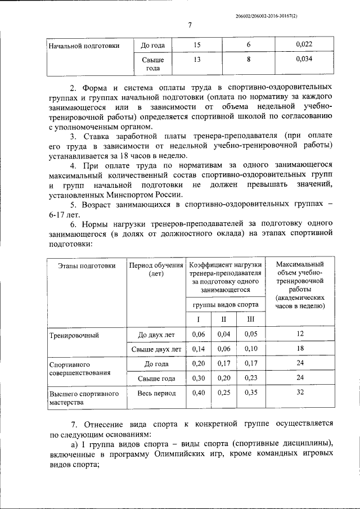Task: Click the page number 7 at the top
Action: point(190,25)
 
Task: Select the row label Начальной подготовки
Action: point(84,46)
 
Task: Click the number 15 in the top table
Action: point(196,44)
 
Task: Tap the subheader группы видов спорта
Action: point(225,304)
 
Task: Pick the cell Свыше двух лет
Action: point(152,349)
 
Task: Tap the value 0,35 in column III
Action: point(250,393)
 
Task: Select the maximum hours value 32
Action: point(300,393)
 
